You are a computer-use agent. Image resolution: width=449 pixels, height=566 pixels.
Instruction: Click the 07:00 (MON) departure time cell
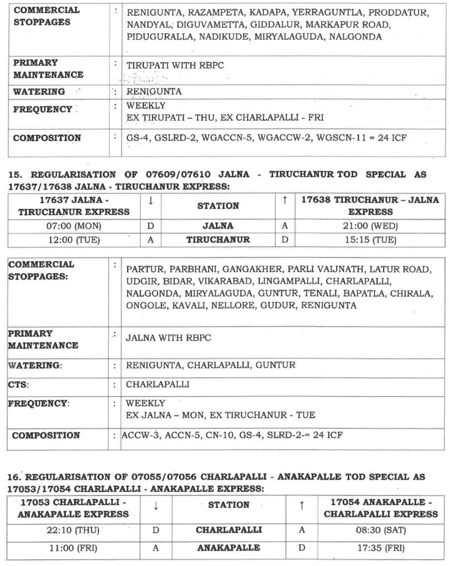click(x=74, y=226)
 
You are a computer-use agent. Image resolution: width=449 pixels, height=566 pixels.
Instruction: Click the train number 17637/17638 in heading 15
click(x=38, y=187)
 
